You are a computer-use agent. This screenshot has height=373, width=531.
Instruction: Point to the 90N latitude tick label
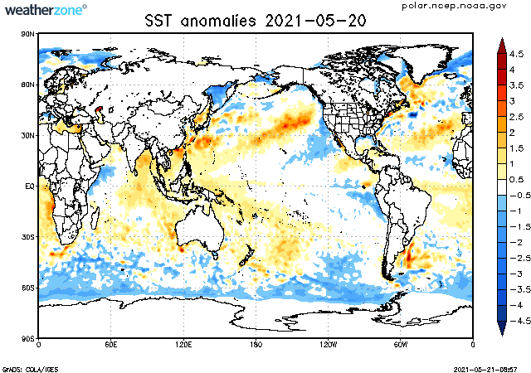[27, 34]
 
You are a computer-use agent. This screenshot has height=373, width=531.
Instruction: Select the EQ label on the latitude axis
[28, 186]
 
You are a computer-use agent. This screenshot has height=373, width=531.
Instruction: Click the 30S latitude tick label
[27, 237]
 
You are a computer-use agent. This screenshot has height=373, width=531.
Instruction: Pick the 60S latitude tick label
[27, 288]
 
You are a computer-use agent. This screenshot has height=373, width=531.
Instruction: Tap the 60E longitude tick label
[111, 344]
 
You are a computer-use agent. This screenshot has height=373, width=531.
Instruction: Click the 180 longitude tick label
[256, 344]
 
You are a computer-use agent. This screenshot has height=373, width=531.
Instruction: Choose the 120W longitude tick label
[328, 344]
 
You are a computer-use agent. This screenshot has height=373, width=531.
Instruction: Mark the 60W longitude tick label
[400, 344]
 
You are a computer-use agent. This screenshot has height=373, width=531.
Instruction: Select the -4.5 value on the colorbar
[515, 320]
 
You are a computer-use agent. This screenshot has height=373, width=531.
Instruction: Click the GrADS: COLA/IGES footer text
[24, 368]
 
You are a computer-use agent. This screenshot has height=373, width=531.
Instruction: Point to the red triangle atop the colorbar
[501, 45]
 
